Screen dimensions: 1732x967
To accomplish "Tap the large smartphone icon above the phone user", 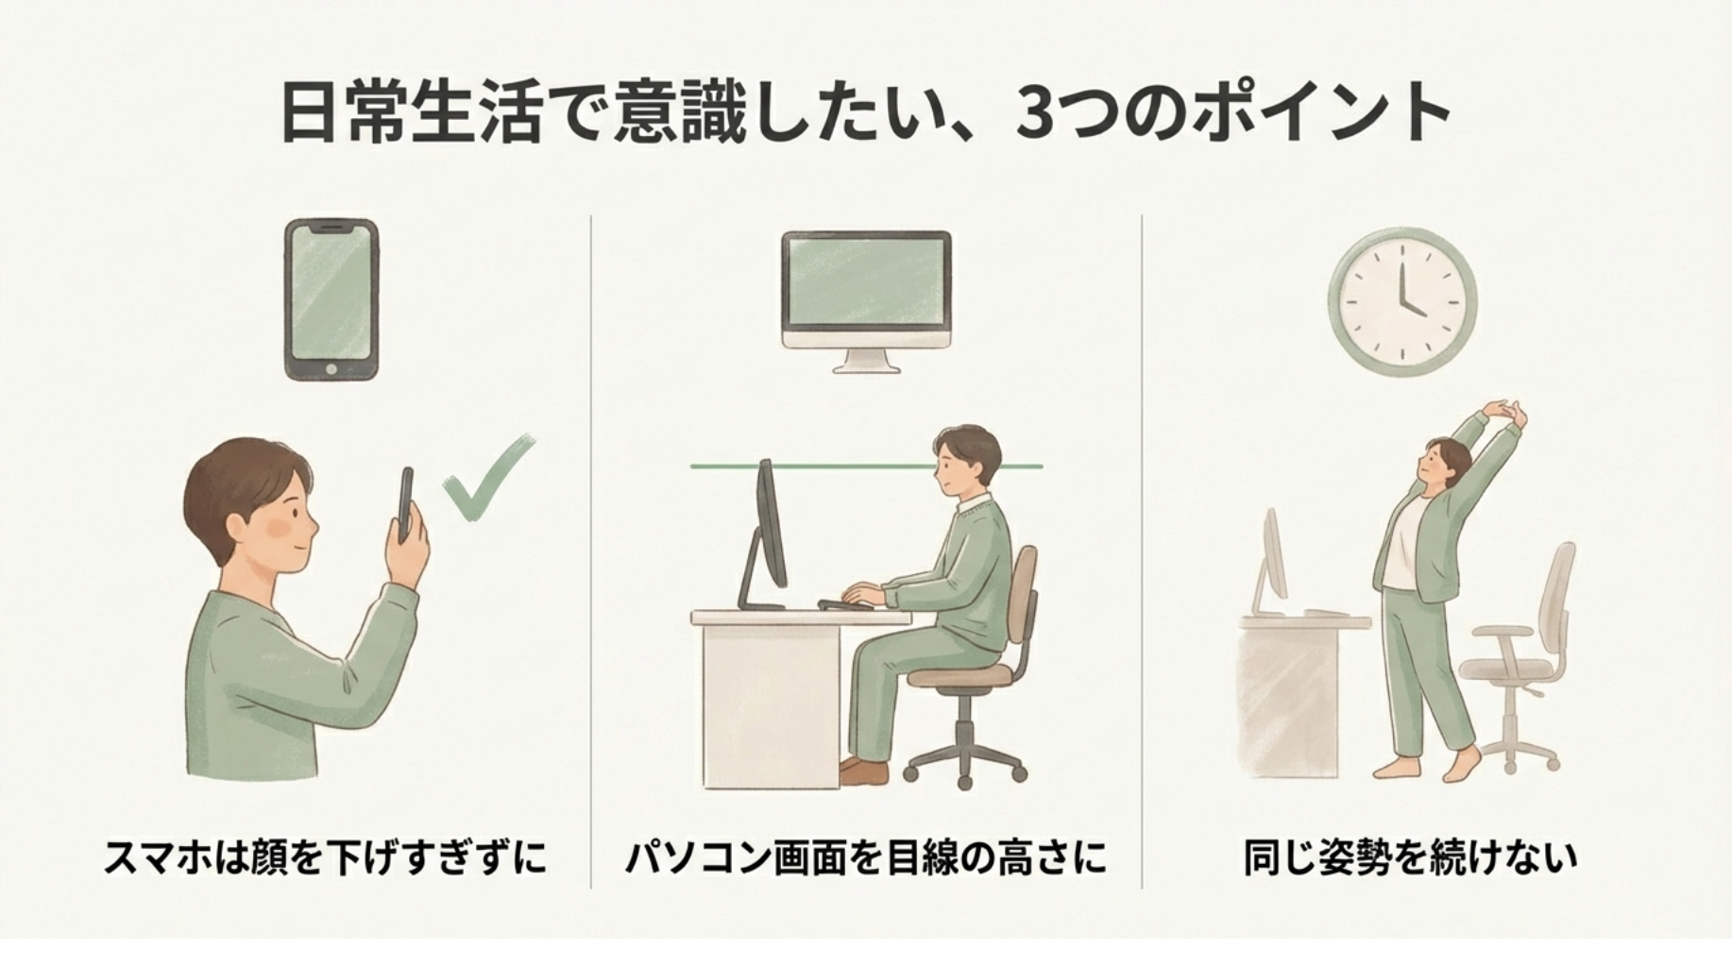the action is coord(331,300).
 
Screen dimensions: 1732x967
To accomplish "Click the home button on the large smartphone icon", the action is coord(331,368).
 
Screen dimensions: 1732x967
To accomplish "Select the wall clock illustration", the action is coord(1402,301).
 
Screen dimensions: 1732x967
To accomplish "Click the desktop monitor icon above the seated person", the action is coord(866,301).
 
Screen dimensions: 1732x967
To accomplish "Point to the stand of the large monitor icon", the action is coord(866,359).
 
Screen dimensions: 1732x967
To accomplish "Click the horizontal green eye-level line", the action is coord(866,467).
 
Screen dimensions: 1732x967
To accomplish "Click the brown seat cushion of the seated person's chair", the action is coord(959,676).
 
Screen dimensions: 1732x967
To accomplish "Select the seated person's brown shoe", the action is coord(863,772).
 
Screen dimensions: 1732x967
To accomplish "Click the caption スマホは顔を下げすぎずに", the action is coord(325,858).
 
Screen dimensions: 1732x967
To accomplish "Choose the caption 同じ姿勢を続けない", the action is coord(1410,858).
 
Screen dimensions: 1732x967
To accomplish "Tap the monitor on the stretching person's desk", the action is coord(1273,562).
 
